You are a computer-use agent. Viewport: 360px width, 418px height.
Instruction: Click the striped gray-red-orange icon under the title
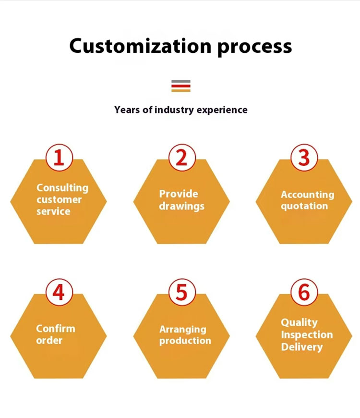pos(181,86)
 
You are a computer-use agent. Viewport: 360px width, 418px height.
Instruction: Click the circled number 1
pos(59,158)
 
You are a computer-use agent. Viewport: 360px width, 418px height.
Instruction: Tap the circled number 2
pos(181,158)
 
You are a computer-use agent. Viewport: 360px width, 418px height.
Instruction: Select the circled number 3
pos(304,158)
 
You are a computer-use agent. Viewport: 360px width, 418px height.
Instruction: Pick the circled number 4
pos(59,292)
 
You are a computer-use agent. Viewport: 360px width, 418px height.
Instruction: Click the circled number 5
pos(181,292)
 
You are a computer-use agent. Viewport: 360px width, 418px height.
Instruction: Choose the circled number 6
pos(304,292)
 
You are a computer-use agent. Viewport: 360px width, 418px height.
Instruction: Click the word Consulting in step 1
pos(62,188)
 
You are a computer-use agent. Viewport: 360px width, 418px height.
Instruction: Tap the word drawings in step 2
pos(182,206)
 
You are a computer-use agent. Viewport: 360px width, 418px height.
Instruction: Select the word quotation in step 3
pos(304,206)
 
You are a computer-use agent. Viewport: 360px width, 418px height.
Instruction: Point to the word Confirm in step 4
pos(56,329)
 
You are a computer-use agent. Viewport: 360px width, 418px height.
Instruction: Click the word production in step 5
pos(185,341)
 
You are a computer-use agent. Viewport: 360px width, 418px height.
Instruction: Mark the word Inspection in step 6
pos(307,335)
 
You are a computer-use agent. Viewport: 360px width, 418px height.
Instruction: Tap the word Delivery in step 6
pos(301,347)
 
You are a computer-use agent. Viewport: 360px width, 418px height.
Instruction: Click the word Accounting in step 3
pos(307,194)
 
